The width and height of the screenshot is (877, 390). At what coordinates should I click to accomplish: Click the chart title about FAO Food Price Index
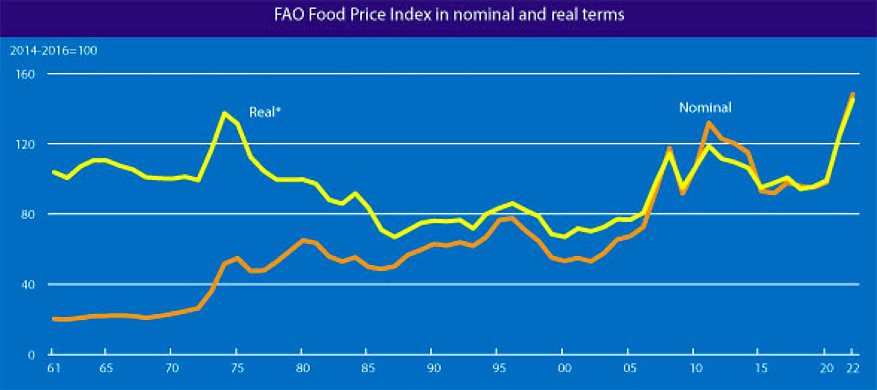pyautogui.click(x=449, y=15)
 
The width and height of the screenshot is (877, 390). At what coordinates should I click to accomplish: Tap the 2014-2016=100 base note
pyautogui.click(x=53, y=51)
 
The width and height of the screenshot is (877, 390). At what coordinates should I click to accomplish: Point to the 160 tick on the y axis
pyautogui.click(x=25, y=74)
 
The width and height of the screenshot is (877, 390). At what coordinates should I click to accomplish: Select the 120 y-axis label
pyautogui.click(x=25, y=144)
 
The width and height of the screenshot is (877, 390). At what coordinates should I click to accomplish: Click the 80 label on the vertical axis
pyautogui.click(x=27, y=214)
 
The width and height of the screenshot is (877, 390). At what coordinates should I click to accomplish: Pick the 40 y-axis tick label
pyautogui.click(x=27, y=285)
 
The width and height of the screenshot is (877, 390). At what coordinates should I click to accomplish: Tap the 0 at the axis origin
pyautogui.click(x=31, y=355)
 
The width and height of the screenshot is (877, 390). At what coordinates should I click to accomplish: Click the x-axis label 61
pyautogui.click(x=53, y=368)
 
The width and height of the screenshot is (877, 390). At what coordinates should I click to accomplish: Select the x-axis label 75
pyautogui.click(x=237, y=368)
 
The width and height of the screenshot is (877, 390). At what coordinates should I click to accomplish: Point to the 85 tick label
pyautogui.click(x=367, y=368)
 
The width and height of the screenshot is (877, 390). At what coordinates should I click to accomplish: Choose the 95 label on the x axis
pyautogui.click(x=498, y=368)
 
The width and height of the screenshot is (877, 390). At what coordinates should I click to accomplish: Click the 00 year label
pyautogui.click(x=564, y=368)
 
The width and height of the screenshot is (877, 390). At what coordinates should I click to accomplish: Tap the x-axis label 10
pyautogui.click(x=696, y=368)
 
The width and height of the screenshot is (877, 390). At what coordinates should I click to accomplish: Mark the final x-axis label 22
pyautogui.click(x=852, y=368)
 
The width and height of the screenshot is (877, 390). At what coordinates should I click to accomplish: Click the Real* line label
pyautogui.click(x=264, y=113)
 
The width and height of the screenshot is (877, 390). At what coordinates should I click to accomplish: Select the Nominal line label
pyautogui.click(x=705, y=108)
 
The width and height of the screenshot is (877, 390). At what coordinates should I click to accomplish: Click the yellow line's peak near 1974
pyautogui.click(x=225, y=113)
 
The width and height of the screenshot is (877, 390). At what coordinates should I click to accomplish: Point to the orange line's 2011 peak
pyautogui.click(x=708, y=123)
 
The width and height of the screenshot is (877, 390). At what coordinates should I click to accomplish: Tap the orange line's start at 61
pyautogui.click(x=53, y=319)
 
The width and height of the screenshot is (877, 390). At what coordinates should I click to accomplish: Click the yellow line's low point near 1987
pyautogui.click(x=394, y=237)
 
